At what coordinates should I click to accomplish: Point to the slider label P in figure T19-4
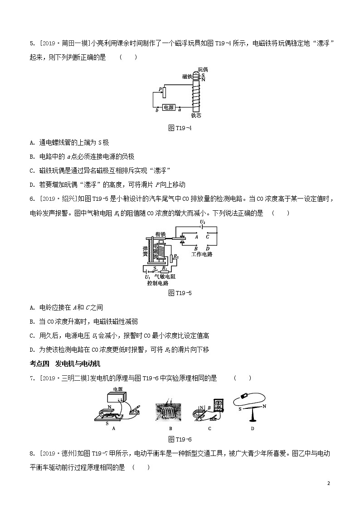point(160,89)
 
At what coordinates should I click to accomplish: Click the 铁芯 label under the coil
point(196,116)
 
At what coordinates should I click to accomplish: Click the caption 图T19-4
point(180,128)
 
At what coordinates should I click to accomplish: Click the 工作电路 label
point(202,254)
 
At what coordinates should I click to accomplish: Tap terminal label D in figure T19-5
point(208,248)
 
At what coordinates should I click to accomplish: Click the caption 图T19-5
point(180,293)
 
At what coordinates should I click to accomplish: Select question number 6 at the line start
point(32,199)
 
